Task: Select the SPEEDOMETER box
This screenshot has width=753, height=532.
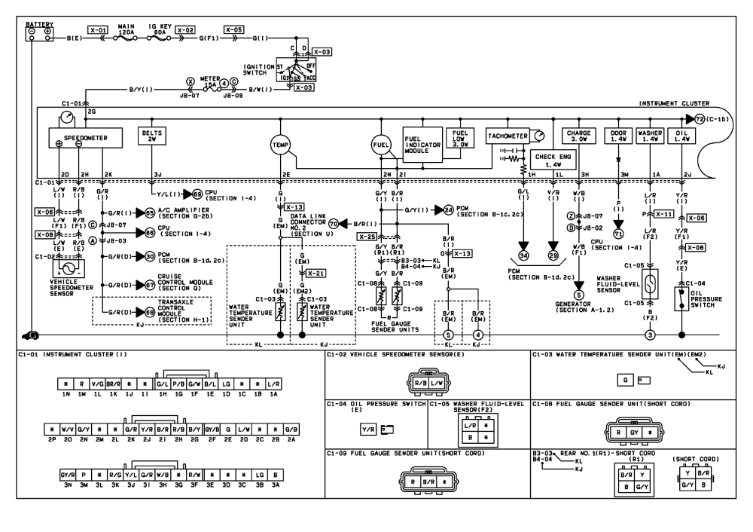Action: pos(78,138)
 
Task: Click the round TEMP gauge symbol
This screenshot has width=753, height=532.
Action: pos(280,142)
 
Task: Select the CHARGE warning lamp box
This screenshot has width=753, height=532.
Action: pos(578,136)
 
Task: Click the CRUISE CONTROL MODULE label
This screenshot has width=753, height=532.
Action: pos(177,283)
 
